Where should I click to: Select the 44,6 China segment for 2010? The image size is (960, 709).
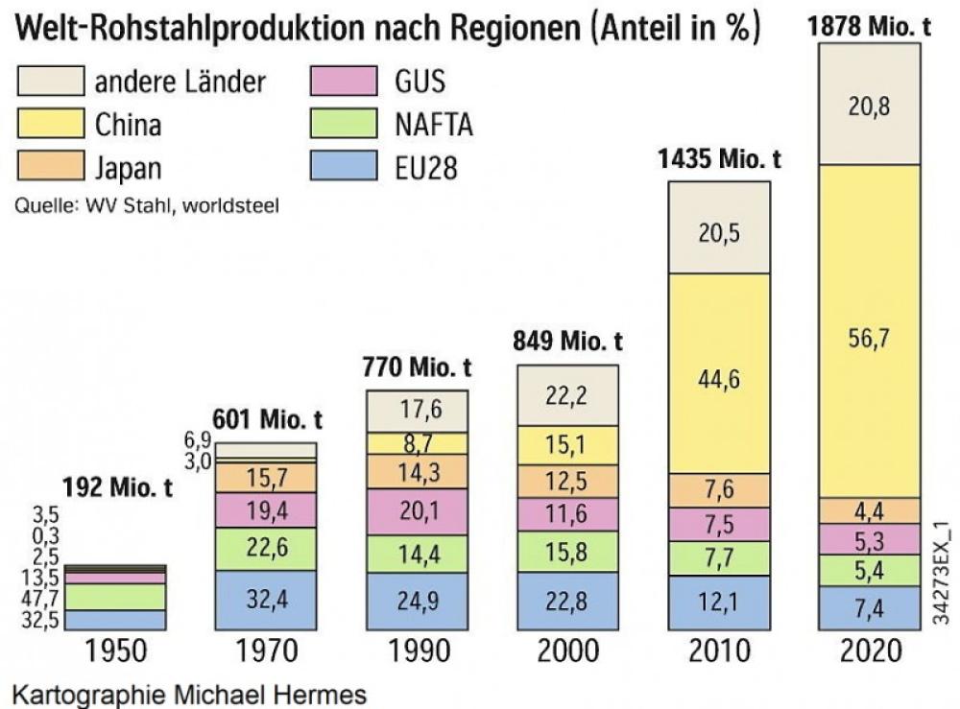(718, 373)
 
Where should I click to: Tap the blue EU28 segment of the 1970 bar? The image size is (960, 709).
(265, 601)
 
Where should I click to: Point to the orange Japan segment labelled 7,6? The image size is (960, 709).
(718, 489)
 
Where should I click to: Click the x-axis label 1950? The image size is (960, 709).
(116, 652)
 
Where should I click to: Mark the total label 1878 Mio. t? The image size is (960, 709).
(871, 27)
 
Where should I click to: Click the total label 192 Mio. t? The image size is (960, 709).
(116, 488)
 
